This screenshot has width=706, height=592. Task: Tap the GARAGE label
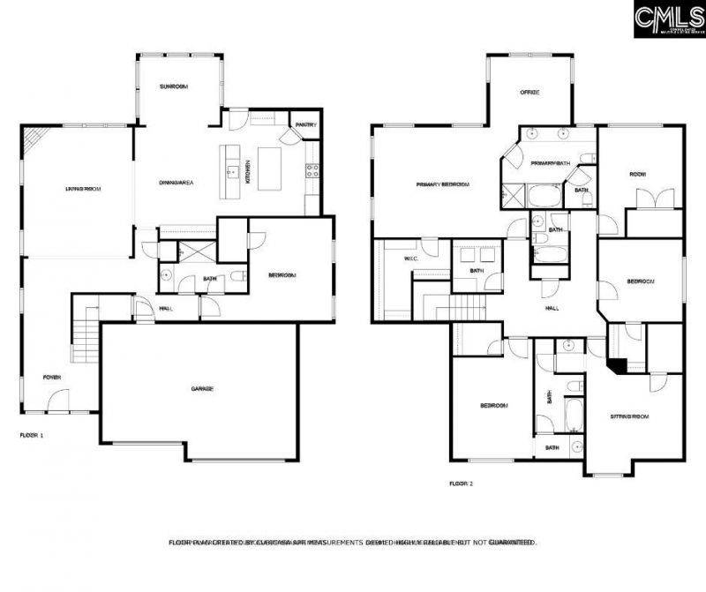pyautogui.click(x=203, y=389)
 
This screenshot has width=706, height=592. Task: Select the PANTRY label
pyautogui.click(x=305, y=124)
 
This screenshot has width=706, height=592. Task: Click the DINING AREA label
pyautogui.click(x=176, y=183)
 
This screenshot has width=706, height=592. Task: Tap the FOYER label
pyautogui.click(x=53, y=377)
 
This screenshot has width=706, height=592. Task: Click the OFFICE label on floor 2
pyautogui.click(x=529, y=92)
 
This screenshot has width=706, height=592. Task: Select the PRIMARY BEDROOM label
pyautogui.click(x=443, y=185)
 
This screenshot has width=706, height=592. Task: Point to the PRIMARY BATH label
pyautogui.click(x=551, y=164)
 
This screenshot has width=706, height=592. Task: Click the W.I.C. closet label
pyautogui.click(x=410, y=259)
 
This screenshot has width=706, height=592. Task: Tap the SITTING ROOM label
pyautogui.click(x=629, y=416)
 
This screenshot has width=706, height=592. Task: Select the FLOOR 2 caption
pyautogui.click(x=462, y=483)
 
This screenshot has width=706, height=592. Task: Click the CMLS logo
pyautogui.click(x=669, y=18)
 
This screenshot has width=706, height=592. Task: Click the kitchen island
pyautogui.click(x=268, y=164)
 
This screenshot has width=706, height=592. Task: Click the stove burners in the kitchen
pyautogui.click(x=312, y=170)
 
